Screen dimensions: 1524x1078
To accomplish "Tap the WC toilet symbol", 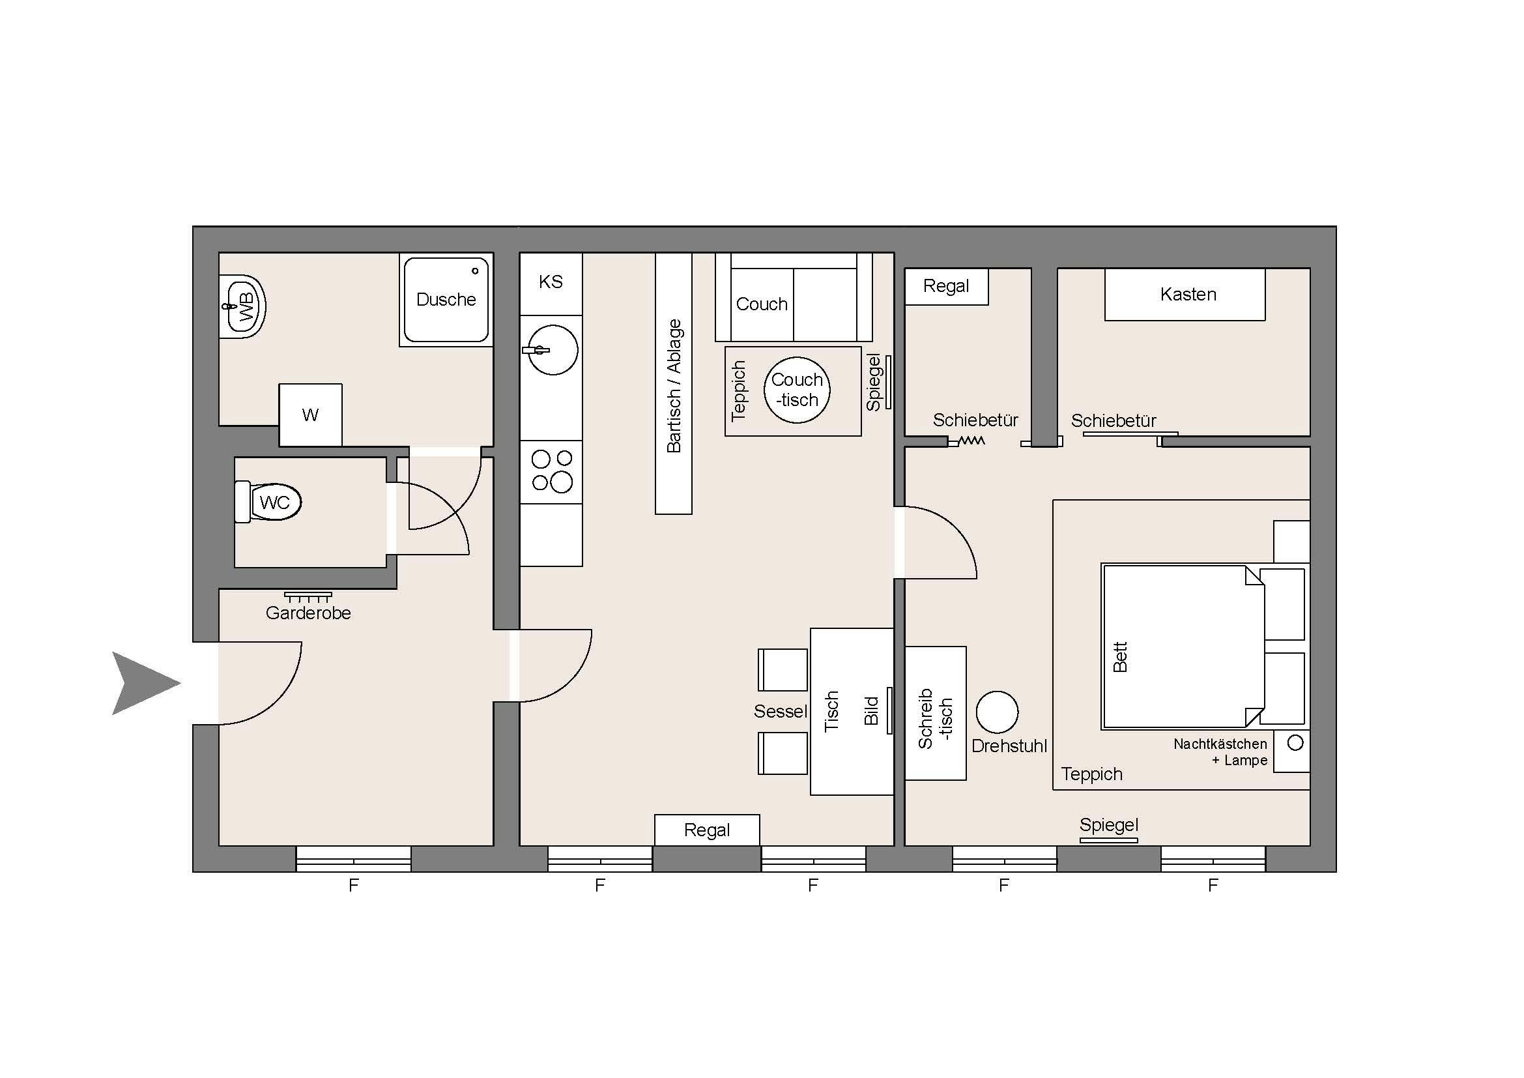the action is click(268, 502).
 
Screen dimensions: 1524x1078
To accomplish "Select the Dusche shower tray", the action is click(446, 299).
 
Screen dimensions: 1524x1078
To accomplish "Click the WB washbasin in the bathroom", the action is click(242, 307).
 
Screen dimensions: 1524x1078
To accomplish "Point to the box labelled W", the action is click(311, 415).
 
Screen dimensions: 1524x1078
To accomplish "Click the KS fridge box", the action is click(551, 284).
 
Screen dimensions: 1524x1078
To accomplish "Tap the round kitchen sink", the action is click(553, 350).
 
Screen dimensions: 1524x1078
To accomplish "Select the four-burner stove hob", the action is click(551, 471).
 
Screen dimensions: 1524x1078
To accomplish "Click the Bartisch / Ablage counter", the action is click(674, 384).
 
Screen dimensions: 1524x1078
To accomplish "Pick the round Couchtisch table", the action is click(797, 390).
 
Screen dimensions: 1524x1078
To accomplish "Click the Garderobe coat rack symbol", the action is click(308, 597).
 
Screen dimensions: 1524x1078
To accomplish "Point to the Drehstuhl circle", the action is click(997, 712).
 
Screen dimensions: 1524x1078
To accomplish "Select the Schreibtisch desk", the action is click(935, 713).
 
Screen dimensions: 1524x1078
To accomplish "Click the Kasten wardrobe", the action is click(1185, 294).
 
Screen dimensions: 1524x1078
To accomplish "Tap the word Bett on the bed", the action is click(1121, 656).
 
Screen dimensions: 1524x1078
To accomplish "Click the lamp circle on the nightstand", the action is click(1295, 743).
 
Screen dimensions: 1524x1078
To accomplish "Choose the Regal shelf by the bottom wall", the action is click(707, 830).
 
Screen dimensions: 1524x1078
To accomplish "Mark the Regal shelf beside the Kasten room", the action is click(947, 286).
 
